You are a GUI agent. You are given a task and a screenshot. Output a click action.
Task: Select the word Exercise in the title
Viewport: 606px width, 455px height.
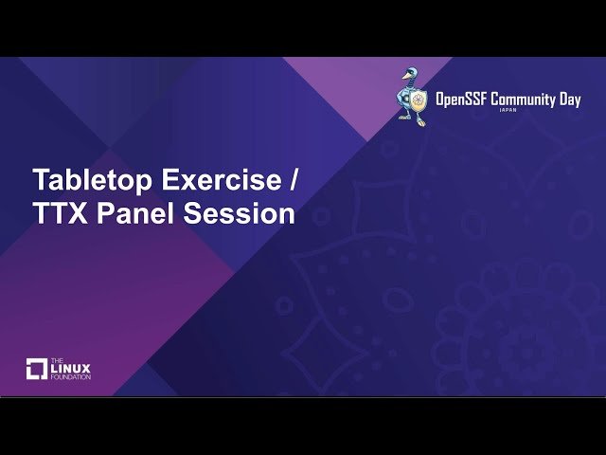click(x=220, y=180)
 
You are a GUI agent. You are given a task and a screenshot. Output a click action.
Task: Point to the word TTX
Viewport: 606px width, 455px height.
click(x=60, y=214)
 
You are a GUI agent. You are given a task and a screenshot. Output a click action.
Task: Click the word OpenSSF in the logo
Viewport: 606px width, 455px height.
click(x=462, y=100)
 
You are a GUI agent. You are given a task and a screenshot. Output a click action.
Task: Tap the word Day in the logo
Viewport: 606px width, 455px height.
click(x=569, y=100)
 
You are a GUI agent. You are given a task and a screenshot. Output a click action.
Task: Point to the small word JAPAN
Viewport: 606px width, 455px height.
click(x=508, y=111)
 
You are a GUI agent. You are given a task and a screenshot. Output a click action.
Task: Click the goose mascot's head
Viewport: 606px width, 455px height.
click(x=410, y=74)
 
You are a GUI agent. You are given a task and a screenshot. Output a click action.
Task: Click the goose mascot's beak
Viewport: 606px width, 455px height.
click(x=403, y=75)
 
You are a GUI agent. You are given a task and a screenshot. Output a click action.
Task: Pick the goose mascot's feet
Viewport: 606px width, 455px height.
click(x=411, y=121)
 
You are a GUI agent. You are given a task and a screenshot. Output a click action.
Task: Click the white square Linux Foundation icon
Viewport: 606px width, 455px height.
click(x=37, y=369)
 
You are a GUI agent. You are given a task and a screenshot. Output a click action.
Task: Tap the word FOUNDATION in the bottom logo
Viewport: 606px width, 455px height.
click(x=71, y=377)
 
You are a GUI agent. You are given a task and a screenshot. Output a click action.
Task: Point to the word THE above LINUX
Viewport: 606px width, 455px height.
click(x=56, y=360)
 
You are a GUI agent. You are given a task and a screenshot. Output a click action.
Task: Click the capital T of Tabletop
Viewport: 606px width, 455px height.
click(x=42, y=180)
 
